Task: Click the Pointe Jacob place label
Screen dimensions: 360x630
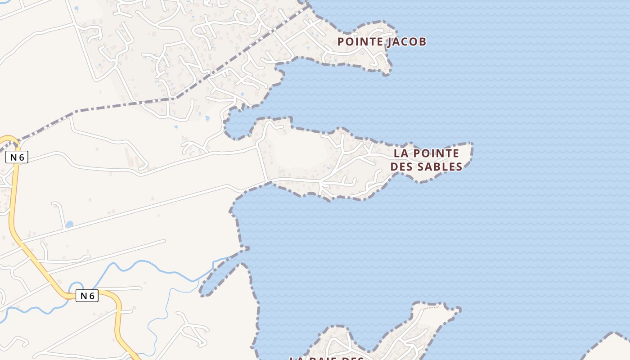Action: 382,42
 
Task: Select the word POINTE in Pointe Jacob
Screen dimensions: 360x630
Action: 359,42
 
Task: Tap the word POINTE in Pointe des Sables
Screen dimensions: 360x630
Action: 436,153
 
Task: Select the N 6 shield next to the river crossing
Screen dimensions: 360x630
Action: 87,296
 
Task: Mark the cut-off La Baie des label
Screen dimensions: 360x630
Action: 326,358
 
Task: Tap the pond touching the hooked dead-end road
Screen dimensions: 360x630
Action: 69,224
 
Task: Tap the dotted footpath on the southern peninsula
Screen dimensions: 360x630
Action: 432,307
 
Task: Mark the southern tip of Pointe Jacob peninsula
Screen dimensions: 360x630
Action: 386,72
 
